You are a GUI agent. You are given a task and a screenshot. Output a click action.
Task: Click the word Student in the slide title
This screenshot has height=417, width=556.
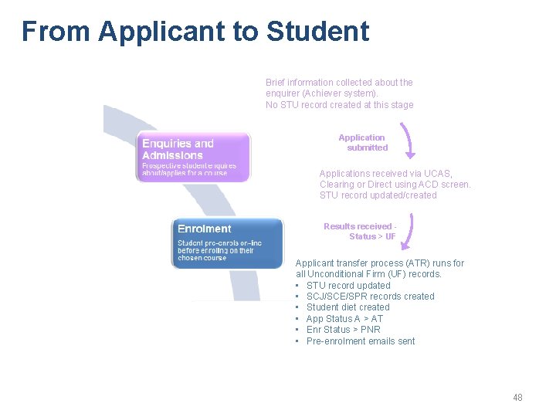[317, 32]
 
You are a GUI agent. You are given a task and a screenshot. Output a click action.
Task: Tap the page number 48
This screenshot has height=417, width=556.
[517, 397]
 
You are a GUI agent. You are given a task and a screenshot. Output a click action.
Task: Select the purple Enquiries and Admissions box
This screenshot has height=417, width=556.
[194, 157]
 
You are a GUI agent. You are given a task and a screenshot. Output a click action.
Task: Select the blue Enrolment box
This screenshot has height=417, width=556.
[227, 242]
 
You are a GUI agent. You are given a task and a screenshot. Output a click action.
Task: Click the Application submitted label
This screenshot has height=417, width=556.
[362, 143]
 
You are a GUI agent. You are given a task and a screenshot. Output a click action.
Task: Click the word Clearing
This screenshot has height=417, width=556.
[337, 185]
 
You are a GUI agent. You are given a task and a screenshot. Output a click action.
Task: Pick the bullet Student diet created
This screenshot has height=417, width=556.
[347, 307]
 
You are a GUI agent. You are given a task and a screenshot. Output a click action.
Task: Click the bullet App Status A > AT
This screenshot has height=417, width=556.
[344, 319]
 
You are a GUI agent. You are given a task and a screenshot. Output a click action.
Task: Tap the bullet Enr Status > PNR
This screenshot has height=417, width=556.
[343, 330]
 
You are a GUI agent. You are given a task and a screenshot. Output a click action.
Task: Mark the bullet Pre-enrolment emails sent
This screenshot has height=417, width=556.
[361, 341]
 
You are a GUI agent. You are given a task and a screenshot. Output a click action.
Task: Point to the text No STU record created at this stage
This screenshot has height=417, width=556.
[339, 105]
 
